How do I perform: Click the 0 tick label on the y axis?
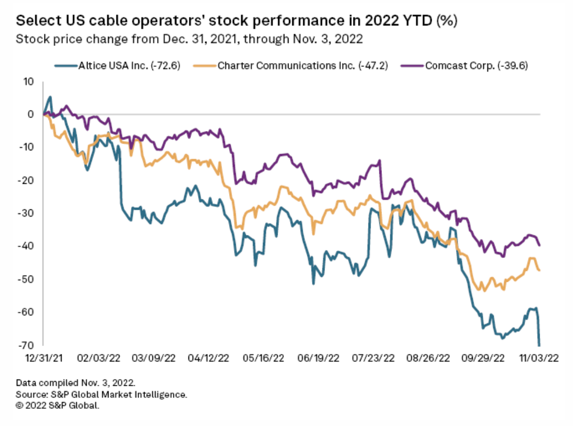pos(30,114)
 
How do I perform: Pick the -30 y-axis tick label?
pos(26,213)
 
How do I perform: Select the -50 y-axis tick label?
pos(26,279)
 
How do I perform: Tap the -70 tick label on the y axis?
pos(26,345)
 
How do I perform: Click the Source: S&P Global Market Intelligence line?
pos(102,394)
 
